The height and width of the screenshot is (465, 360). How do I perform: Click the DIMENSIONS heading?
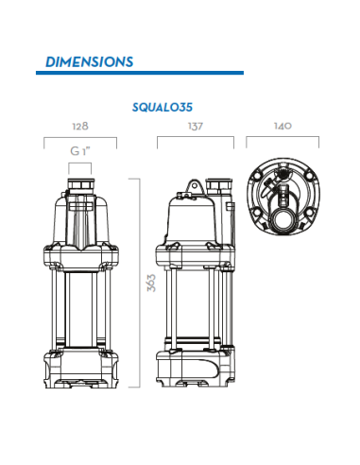pyautogui.click(x=89, y=62)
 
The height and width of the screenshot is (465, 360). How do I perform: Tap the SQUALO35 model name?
pyautogui.click(x=163, y=108)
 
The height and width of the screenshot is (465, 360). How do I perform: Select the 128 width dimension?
pyautogui.click(x=80, y=126)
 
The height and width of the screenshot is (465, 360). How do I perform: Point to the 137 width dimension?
pyautogui.click(x=196, y=127)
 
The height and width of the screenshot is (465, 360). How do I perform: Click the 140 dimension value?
pyautogui.click(x=283, y=126)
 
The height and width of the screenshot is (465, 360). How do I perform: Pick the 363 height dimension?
pyautogui.click(x=151, y=283)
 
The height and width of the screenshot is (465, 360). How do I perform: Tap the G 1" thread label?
pyautogui.click(x=80, y=151)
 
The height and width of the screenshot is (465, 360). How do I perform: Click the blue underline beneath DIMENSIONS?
pyautogui.click(x=140, y=73)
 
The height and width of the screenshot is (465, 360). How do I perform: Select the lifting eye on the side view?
pyautogui.click(x=195, y=186)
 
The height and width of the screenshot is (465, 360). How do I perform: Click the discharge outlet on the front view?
pyautogui.click(x=81, y=184)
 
